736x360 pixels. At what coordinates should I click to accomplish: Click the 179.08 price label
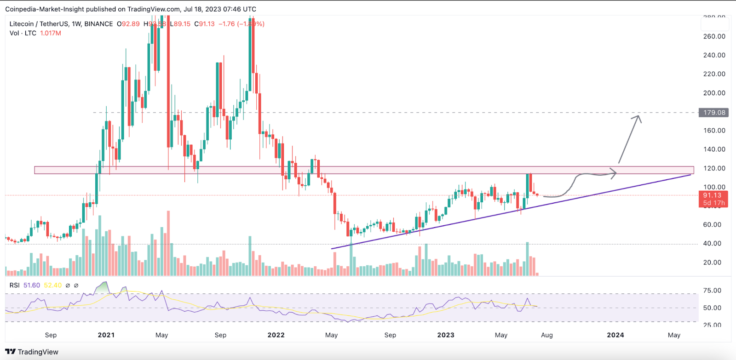pos(713,113)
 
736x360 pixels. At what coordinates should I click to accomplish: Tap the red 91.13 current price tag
pos(713,195)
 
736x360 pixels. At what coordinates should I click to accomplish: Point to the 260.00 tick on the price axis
pos(714,36)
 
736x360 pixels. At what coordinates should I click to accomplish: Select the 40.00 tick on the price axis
pos(712,244)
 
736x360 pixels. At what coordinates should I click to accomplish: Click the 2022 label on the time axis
pos(276,335)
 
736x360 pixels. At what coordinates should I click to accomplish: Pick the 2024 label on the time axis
pos(615,335)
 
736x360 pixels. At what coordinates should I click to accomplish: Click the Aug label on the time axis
pos(547,335)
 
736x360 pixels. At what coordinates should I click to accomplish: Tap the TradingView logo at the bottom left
pos(32,352)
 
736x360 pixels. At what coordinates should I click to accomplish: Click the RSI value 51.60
pos(32,286)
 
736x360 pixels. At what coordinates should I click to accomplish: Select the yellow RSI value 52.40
pos(52,286)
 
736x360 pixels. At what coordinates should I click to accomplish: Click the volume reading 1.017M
pos(51,33)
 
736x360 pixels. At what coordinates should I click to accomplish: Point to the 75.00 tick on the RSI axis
pos(712,291)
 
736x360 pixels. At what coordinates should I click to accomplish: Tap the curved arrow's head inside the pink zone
pos(615,173)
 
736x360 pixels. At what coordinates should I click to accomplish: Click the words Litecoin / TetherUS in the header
pos(39,24)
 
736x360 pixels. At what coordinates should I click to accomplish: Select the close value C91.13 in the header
pos(204,24)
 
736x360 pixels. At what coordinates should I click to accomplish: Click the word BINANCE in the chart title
pos(98,24)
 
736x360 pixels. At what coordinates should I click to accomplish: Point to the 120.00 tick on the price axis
pos(714,168)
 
